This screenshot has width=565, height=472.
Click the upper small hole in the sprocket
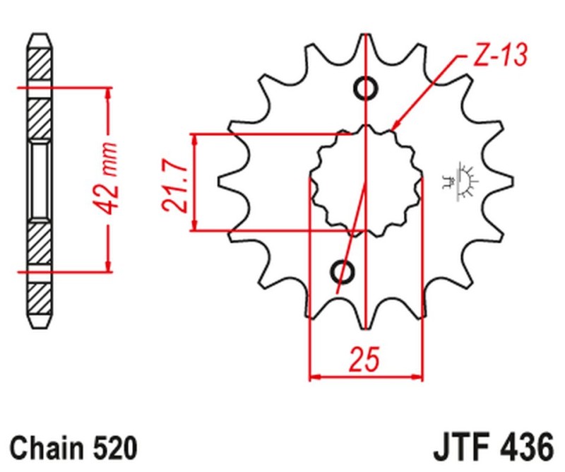click(x=366, y=89)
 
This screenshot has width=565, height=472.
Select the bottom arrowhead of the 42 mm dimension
click(x=107, y=266)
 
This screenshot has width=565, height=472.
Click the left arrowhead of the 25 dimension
click(x=316, y=376)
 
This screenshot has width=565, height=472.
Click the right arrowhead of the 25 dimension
click(x=417, y=376)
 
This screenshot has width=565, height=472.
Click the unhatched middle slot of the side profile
click(x=39, y=179)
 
